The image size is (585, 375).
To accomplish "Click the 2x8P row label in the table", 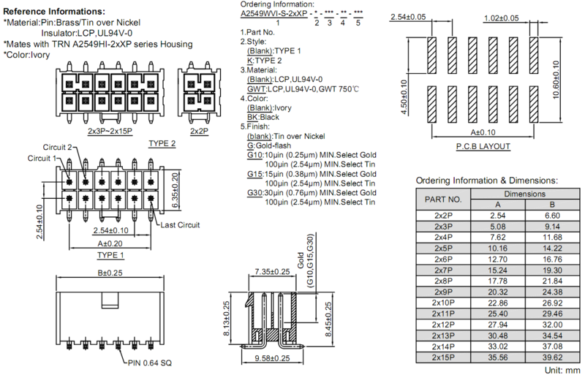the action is pyautogui.click(x=443, y=281).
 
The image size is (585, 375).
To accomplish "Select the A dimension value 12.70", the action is pyautogui.click(x=498, y=259).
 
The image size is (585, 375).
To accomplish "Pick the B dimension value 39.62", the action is pyautogui.click(x=552, y=357).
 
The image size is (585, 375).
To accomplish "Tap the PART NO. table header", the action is pyautogui.click(x=443, y=200).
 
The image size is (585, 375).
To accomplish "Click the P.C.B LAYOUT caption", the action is pyautogui.click(x=483, y=146).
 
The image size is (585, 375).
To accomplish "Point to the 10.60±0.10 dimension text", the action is pyautogui.click(x=556, y=80).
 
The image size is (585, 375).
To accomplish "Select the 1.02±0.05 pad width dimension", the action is pyautogui.click(x=501, y=18).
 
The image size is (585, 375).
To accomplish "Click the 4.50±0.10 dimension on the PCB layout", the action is pyautogui.click(x=404, y=97).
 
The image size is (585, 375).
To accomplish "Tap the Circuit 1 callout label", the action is pyautogui.click(x=42, y=158).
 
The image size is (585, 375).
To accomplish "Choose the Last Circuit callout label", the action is pyautogui.click(x=180, y=225).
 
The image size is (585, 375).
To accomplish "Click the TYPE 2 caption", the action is pyautogui.click(x=162, y=144).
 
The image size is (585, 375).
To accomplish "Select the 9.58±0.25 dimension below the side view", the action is pyautogui.click(x=272, y=358).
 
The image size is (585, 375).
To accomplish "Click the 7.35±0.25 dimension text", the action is pyautogui.click(x=272, y=272).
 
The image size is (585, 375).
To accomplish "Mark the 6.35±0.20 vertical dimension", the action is pyautogui.click(x=175, y=190).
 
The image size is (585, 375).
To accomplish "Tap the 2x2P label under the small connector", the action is pyautogui.click(x=199, y=132).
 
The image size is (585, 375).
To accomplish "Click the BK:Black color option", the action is pyautogui.click(x=263, y=117).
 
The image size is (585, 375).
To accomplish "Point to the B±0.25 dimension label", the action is pyautogui.click(x=110, y=273).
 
